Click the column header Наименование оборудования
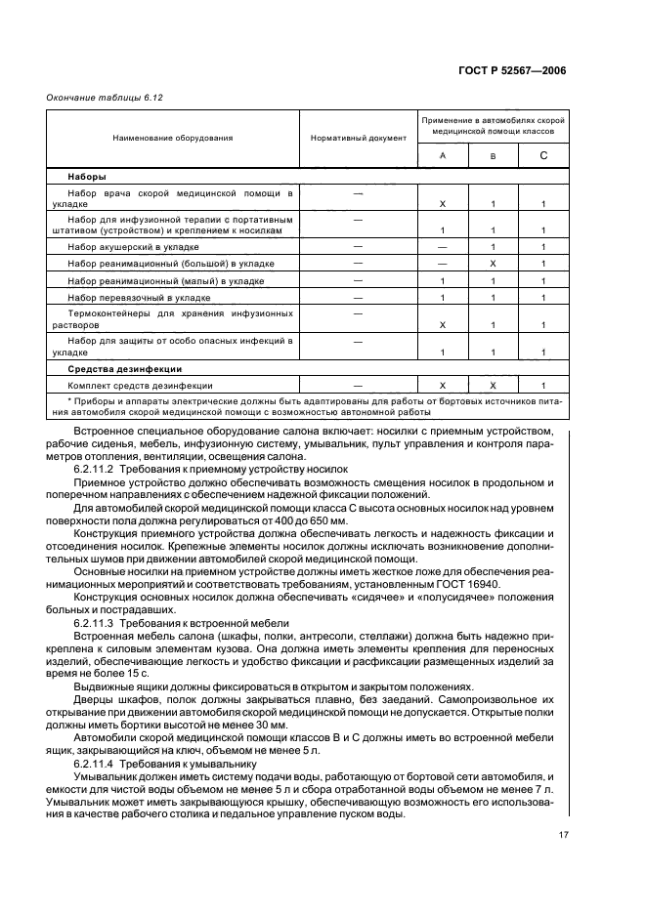tap(172, 139)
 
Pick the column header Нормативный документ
tap(358, 139)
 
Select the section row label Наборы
tap(87, 178)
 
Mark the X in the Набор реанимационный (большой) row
tap(494, 264)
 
